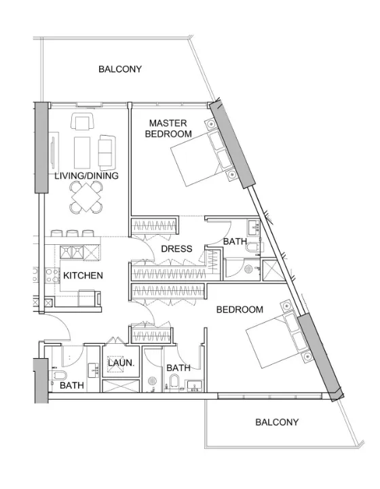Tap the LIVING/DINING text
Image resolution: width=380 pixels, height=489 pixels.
coord(86,176)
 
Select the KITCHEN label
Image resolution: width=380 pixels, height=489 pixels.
coord(83,275)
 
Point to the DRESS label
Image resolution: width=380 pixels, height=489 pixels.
coord(176,249)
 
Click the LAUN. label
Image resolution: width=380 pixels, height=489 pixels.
coord(121,363)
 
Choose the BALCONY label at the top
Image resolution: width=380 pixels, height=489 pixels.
coord(120,69)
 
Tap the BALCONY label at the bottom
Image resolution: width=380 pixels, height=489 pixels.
coord(276,422)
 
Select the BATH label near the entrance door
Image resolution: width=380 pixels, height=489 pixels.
coord(71,385)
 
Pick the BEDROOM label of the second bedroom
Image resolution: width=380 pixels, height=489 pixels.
coord(240,310)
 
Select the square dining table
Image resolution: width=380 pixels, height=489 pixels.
coord(85,197)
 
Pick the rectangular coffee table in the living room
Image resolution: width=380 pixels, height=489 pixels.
coord(83,151)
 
